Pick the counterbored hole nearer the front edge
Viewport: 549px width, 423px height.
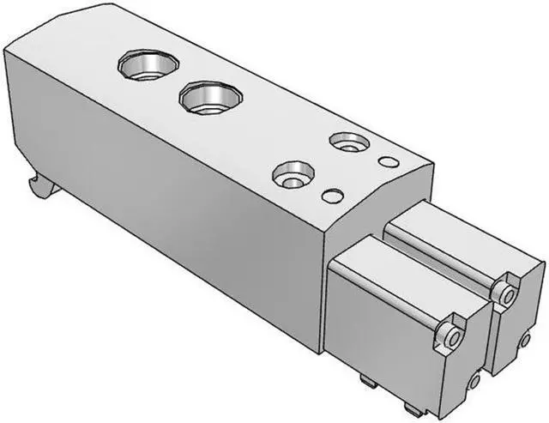(290, 177)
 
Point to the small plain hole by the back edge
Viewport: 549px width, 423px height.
(388, 161)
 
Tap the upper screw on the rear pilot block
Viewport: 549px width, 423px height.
(507, 294)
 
